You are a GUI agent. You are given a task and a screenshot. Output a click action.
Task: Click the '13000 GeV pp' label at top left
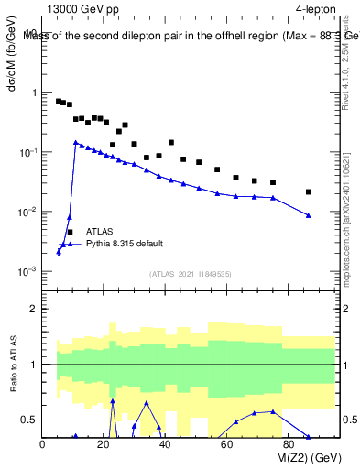pyautogui.click(x=82, y=8)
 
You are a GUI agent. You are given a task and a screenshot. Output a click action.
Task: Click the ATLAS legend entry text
pyautogui.click(x=100, y=232)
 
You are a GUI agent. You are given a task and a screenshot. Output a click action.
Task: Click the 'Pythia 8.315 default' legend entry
pyautogui.click(x=125, y=244)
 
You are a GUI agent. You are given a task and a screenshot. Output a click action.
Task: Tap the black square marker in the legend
pyautogui.click(x=70, y=232)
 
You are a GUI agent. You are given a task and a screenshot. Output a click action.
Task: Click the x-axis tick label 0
pyautogui.click(x=43, y=445)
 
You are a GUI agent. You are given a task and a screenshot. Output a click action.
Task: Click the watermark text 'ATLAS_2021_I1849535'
pyautogui.click(x=191, y=274)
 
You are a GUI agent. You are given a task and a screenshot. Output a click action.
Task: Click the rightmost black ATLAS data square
pyautogui.click(x=309, y=191)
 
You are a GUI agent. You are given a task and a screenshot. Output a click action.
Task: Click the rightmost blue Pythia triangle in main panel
pyautogui.click(x=309, y=215)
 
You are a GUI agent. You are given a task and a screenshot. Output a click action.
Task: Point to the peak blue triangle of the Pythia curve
pyautogui.click(x=76, y=142)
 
